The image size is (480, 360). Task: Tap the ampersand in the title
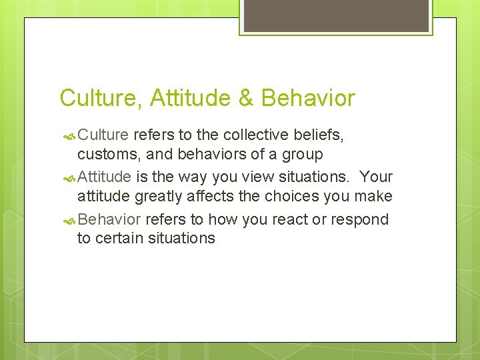(246, 99)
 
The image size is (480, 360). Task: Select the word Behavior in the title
(308, 99)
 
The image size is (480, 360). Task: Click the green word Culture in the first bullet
(103, 135)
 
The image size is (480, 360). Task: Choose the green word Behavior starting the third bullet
(109, 220)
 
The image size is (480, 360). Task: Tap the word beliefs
(321, 135)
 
